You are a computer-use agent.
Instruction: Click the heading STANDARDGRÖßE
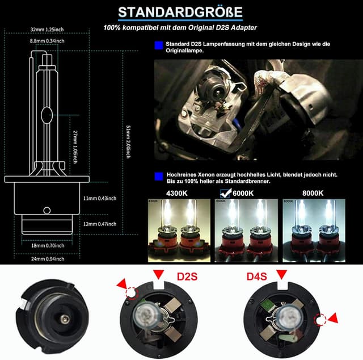click(180, 12)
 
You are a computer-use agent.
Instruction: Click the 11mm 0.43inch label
click(99, 198)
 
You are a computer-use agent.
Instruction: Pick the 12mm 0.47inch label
click(99, 224)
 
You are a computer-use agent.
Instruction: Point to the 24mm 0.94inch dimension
click(48, 259)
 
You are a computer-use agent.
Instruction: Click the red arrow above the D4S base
click(280, 275)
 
